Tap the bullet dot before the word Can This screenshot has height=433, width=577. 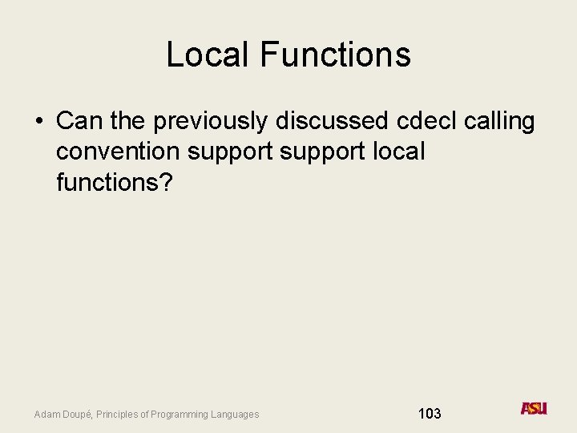pyautogui.click(x=38, y=122)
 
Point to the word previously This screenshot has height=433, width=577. pyautogui.click(x=211, y=122)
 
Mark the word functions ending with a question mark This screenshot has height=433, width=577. pyautogui.click(x=114, y=182)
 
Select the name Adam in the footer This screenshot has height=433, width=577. pyautogui.click(x=46, y=415)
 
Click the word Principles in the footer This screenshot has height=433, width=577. pyautogui.click(x=119, y=415)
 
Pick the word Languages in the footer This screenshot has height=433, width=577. pyautogui.click(x=236, y=415)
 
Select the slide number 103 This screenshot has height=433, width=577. pyautogui.click(x=430, y=414)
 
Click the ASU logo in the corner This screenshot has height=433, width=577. pyautogui.click(x=534, y=408)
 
